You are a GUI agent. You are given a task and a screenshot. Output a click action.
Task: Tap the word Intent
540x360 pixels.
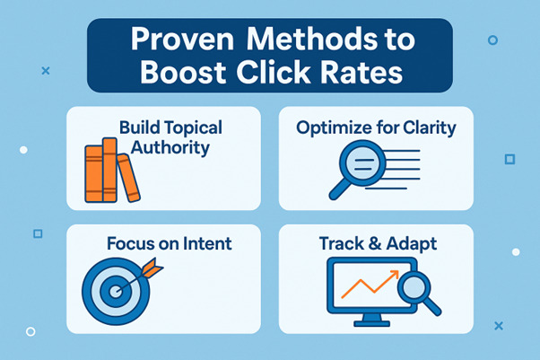tap(208, 242)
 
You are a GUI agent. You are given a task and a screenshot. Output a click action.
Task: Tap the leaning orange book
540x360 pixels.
tap(130, 179)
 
